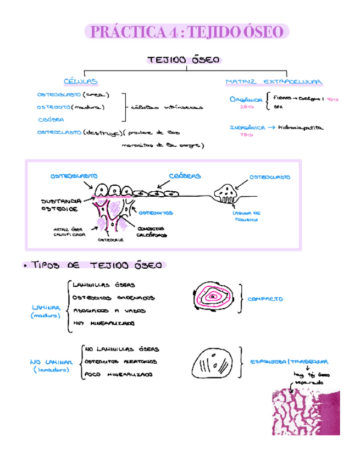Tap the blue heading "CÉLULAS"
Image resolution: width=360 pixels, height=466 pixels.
(81, 81)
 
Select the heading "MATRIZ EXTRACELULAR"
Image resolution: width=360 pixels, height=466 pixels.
(274, 82)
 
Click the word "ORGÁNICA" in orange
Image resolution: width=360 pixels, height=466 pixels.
(245, 99)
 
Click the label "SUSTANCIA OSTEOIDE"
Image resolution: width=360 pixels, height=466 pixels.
(59, 205)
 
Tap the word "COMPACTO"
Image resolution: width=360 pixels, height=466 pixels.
(265, 299)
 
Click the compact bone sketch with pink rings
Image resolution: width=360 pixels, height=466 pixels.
(217, 298)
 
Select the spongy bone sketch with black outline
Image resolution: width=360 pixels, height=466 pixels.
(214, 365)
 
